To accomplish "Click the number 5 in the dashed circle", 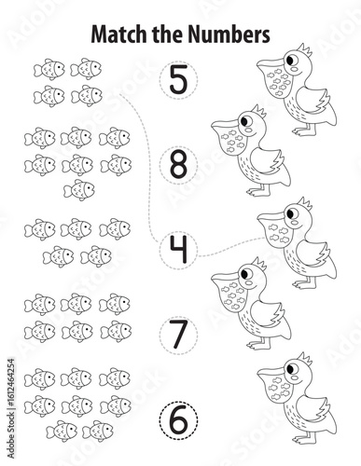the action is [179, 79].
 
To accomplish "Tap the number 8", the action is [179, 164].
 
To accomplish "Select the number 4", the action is [179, 249].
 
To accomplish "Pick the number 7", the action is [179, 334].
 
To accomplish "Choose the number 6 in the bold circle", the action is [179, 419].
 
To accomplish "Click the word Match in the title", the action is [119, 34].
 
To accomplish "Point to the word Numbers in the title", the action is [229, 34].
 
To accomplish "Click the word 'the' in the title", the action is [169, 34].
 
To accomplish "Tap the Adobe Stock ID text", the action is [11, 408].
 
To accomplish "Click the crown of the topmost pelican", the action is [304, 49].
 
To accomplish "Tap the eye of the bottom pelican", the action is [291, 369].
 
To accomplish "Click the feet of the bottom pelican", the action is [303, 439].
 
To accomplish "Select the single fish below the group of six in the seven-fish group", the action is [79, 190].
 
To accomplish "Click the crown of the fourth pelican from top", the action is [258, 264].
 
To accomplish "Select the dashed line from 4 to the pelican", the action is [231, 248].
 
